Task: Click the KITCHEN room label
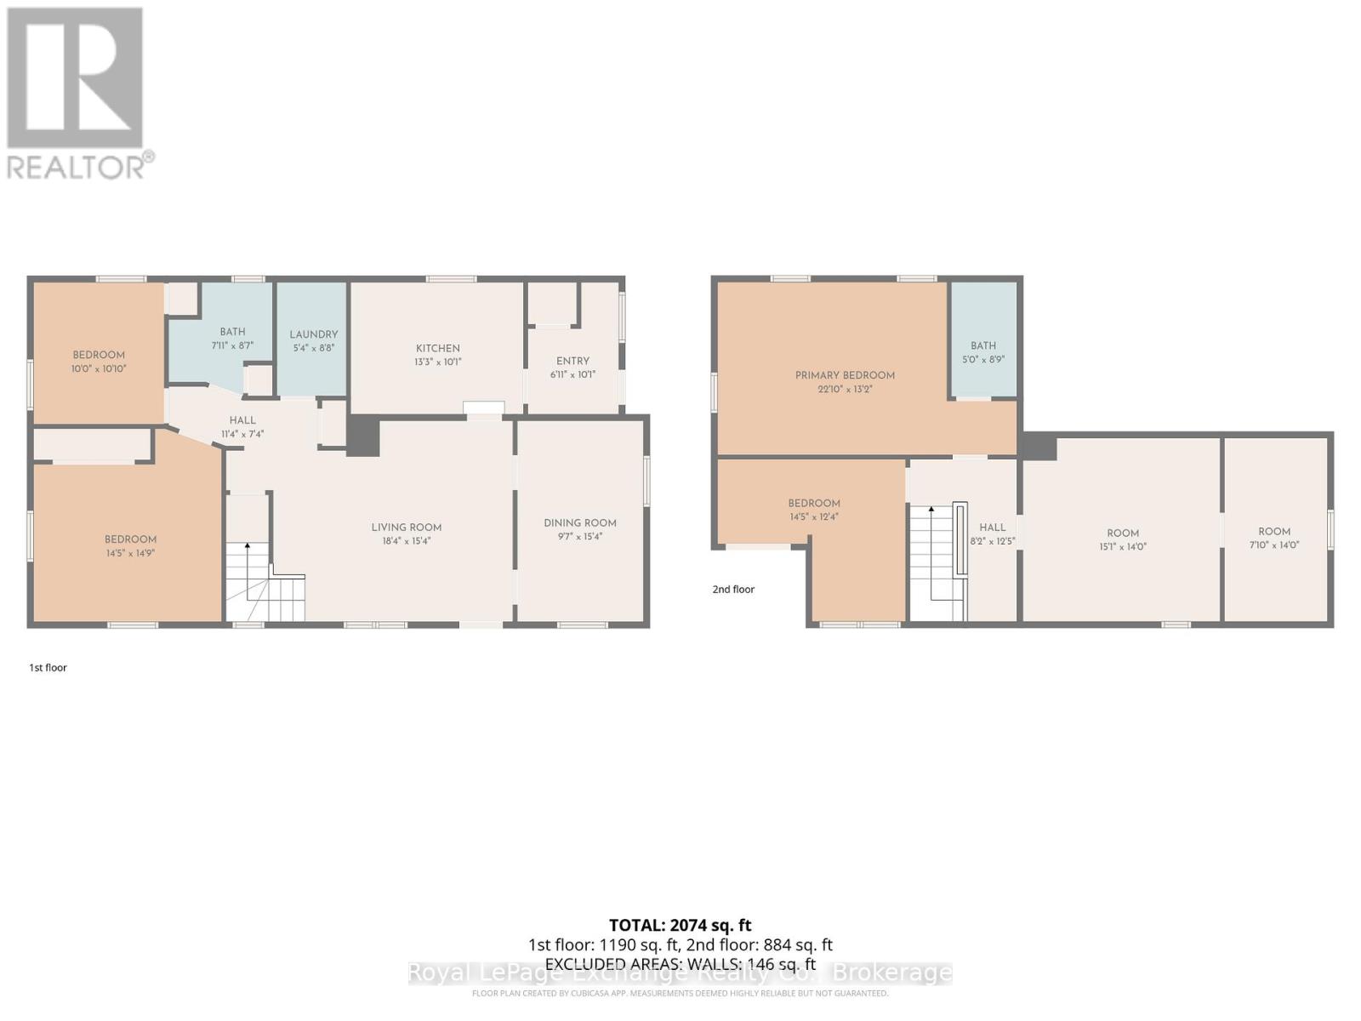[x=437, y=348]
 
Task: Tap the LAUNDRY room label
[x=313, y=334]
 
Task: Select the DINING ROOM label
[x=580, y=522]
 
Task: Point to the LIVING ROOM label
[x=406, y=527]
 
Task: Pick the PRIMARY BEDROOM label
[x=845, y=375]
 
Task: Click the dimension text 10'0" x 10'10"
[x=99, y=368]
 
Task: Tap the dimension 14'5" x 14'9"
[x=130, y=553]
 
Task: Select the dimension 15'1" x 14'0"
[x=1123, y=547]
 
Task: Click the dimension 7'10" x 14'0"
[x=1274, y=545]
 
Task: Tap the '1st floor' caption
[x=48, y=668]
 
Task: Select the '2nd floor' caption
[x=733, y=589]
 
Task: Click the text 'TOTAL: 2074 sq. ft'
[x=680, y=925]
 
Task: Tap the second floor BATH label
[x=983, y=345]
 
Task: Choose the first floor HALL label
[x=242, y=419]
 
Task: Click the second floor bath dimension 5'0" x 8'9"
[x=983, y=359]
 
